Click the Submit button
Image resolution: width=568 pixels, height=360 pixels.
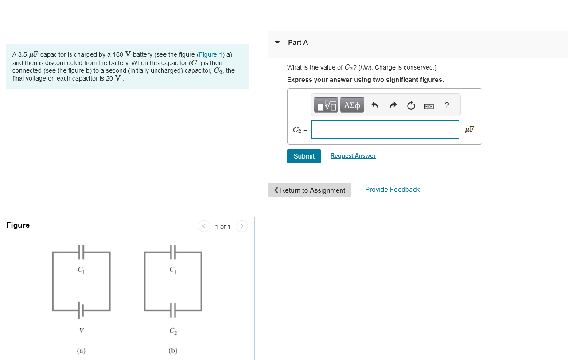point(303,156)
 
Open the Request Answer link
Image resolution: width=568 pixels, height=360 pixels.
point(353,156)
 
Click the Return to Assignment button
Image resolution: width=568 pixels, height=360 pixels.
point(309,190)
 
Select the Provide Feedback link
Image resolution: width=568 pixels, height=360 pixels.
point(392,190)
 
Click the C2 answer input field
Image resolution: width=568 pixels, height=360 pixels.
point(385,129)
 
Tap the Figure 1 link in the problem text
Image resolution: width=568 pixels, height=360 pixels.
point(210,54)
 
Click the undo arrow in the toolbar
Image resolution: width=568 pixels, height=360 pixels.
point(375,105)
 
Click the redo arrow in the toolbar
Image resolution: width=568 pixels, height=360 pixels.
point(393,105)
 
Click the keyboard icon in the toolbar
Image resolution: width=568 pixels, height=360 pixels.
point(429,106)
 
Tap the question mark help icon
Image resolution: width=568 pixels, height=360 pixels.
point(447,105)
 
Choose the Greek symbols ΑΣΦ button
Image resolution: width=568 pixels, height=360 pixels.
point(352,105)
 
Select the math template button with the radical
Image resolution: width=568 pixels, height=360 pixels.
point(326,105)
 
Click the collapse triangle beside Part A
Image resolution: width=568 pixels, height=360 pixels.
point(277,43)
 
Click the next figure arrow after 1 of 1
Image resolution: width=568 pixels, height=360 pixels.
point(241,226)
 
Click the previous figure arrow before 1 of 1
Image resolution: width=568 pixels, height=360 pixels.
point(204,226)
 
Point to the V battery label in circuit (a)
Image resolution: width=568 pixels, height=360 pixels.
point(81,330)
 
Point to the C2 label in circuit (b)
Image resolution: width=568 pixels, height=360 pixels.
point(173,331)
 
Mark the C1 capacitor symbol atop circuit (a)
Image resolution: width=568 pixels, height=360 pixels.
point(81,252)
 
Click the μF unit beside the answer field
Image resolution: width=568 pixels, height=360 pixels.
point(469,129)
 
